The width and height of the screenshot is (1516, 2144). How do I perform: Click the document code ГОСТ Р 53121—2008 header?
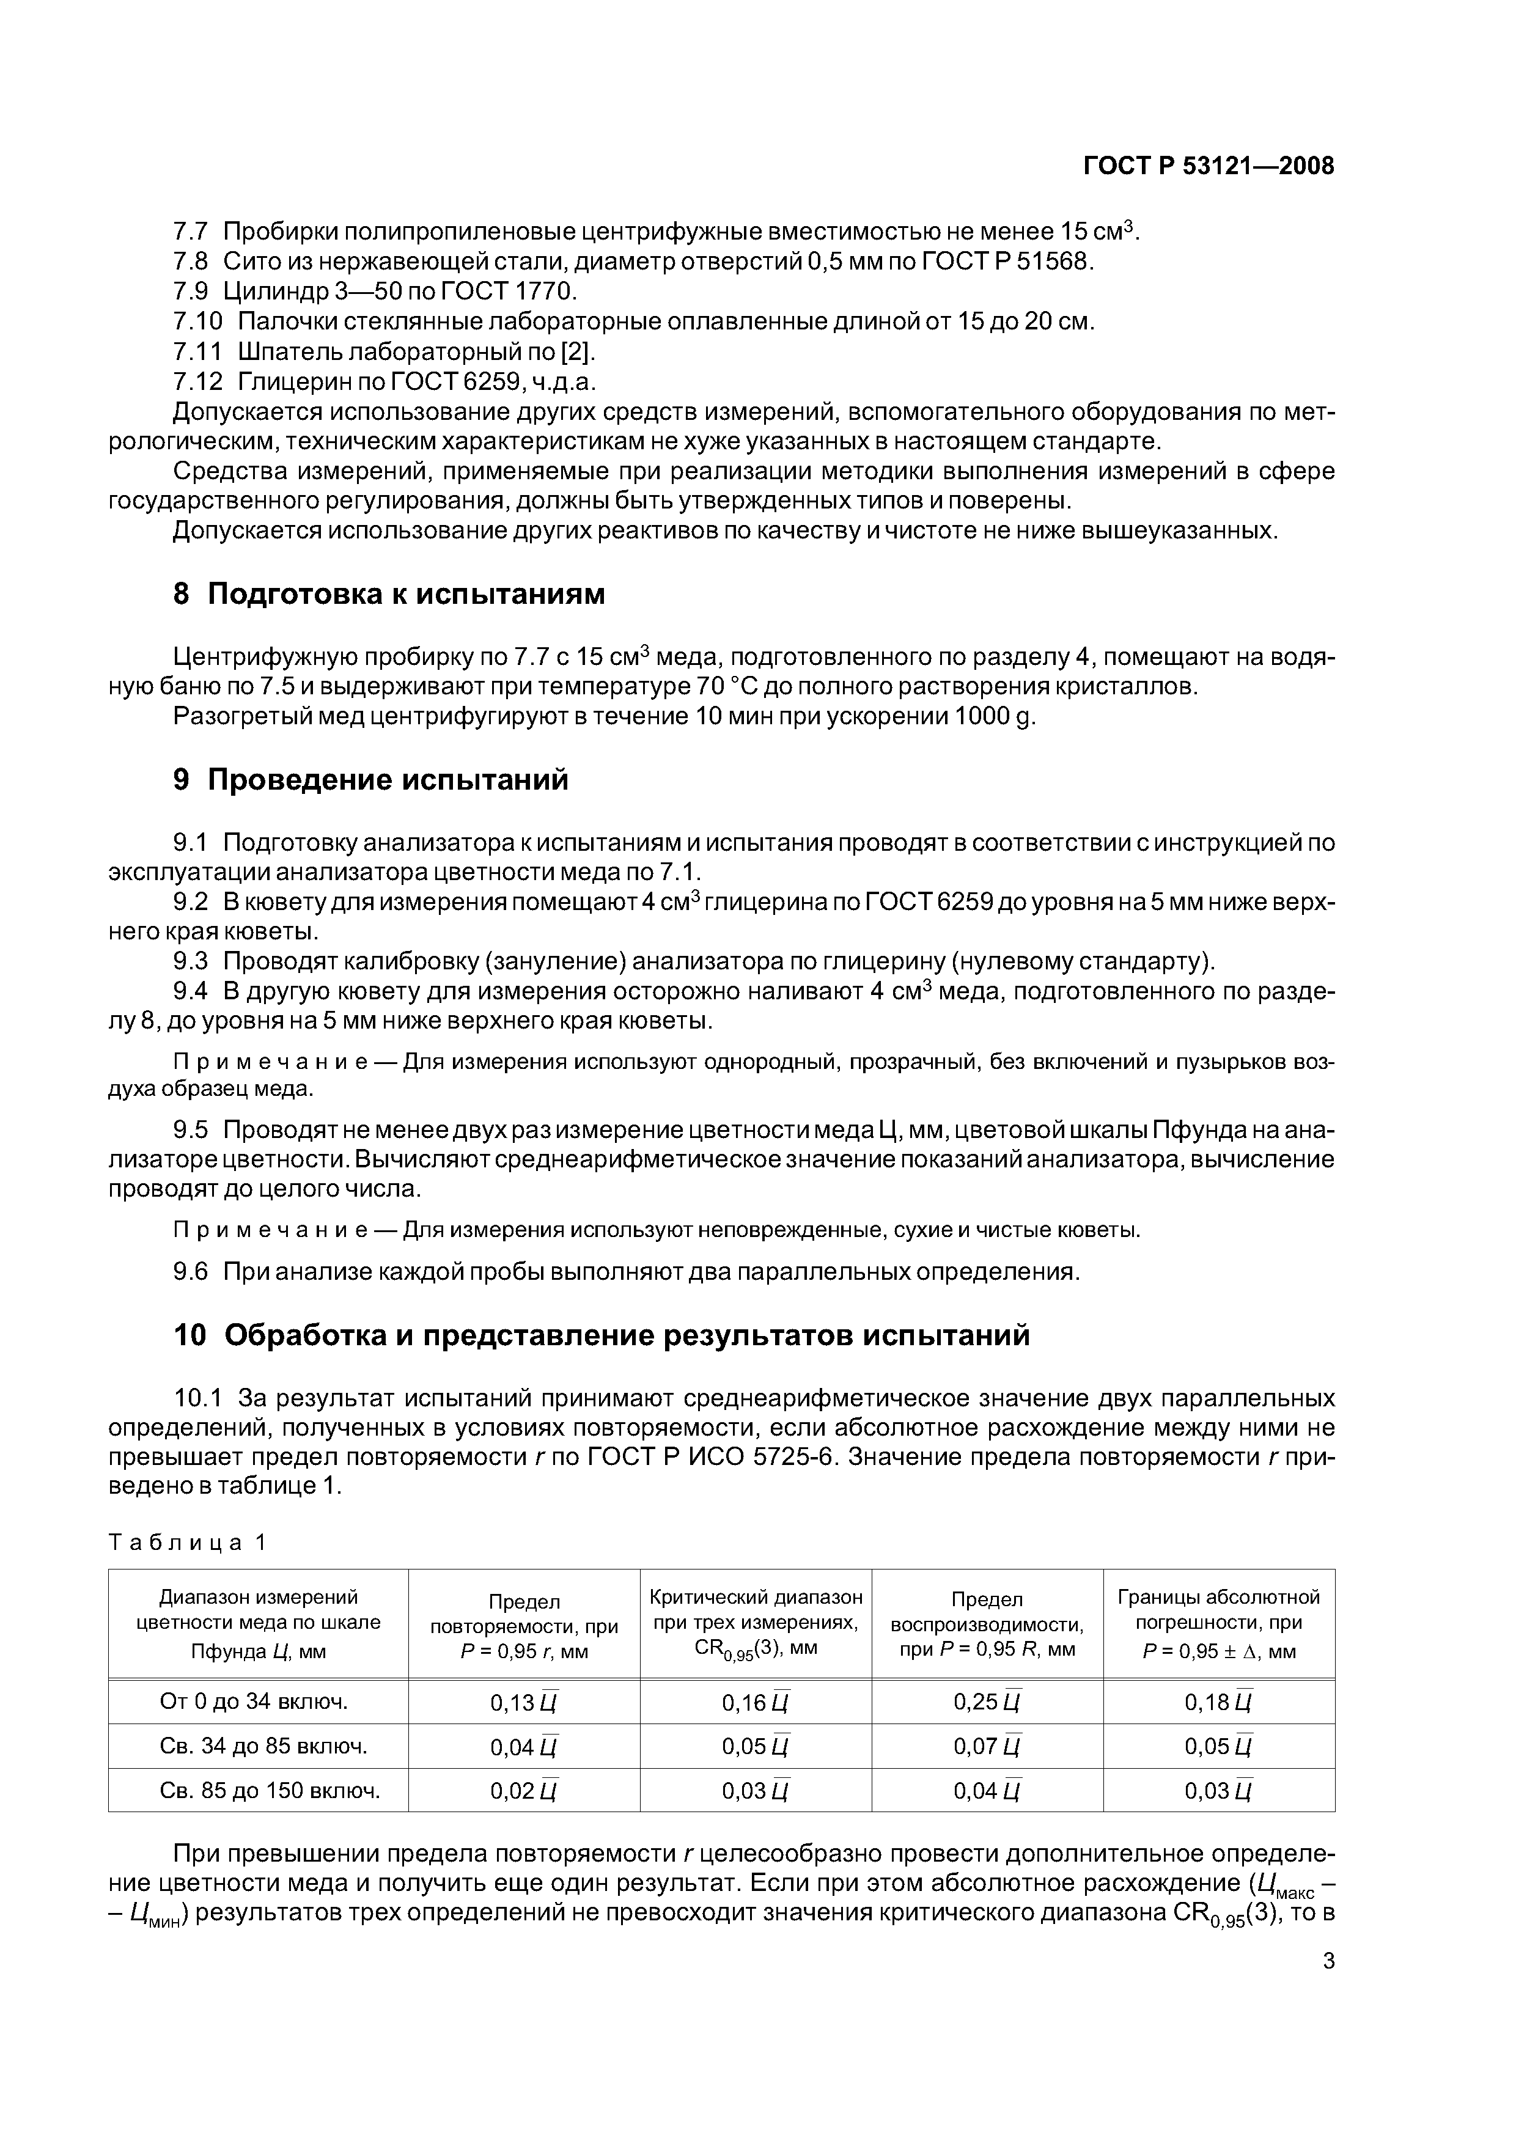pos(1208,166)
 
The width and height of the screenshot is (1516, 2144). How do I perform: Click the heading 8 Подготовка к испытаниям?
pos(389,594)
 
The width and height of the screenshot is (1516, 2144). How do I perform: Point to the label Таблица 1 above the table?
pos(188,1543)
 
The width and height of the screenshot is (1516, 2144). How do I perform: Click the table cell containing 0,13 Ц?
pos(523,1702)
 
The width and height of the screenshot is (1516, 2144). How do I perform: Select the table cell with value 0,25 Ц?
pos(987,1702)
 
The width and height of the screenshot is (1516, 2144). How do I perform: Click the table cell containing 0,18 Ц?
pos(1218,1702)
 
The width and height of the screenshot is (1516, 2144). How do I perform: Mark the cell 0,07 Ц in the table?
pos(987,1746)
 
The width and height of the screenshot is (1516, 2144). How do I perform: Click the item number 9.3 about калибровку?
pos(191,962)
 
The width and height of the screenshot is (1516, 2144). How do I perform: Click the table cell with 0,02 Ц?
pos(523,1791)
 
